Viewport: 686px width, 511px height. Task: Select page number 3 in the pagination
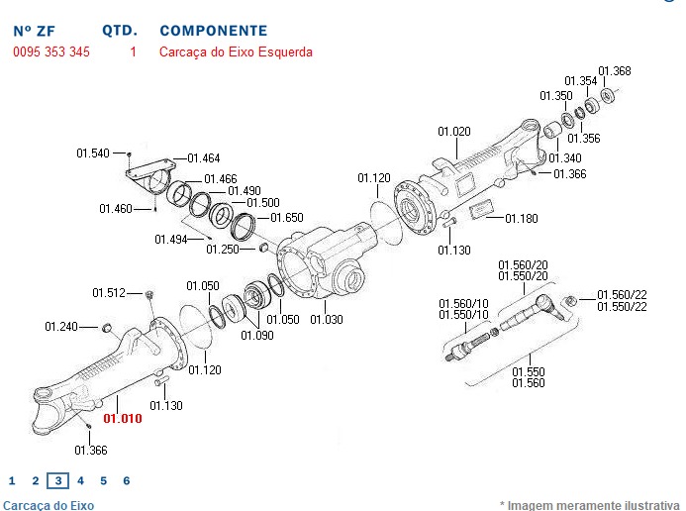tap(57, 481)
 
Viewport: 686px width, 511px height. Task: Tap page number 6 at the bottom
tap(127, 481)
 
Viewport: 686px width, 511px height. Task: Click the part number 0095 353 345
tap(51, 51)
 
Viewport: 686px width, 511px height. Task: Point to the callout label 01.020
tap(454, 132)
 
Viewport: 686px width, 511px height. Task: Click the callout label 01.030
tap(326, 319)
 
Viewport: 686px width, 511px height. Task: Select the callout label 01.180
tap(522, 218)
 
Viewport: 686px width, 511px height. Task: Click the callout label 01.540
tap(93, 153)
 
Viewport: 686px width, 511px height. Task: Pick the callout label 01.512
tap(109, 292)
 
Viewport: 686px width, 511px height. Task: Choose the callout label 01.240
tap(61, 326)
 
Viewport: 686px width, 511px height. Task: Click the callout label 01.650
tap(287, 217)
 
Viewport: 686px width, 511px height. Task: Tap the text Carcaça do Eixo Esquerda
tap(236, 51)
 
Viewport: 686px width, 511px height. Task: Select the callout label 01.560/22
tap(622, 294)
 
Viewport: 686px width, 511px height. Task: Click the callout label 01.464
tap(203, 158)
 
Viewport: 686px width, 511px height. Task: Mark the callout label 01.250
tap(223, 250)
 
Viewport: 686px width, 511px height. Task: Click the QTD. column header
tap(120, 32)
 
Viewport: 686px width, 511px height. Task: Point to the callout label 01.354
tap(581, 81)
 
